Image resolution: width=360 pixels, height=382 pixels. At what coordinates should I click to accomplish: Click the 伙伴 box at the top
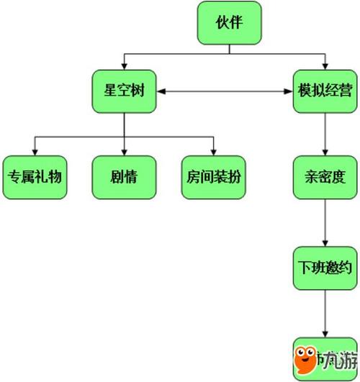click(228, 23)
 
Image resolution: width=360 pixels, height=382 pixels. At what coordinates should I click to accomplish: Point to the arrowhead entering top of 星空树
click(124, 67)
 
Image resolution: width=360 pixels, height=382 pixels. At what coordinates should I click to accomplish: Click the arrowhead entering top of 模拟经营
click(324, 67)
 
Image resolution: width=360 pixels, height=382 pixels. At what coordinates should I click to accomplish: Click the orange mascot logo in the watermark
click(310, 358)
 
